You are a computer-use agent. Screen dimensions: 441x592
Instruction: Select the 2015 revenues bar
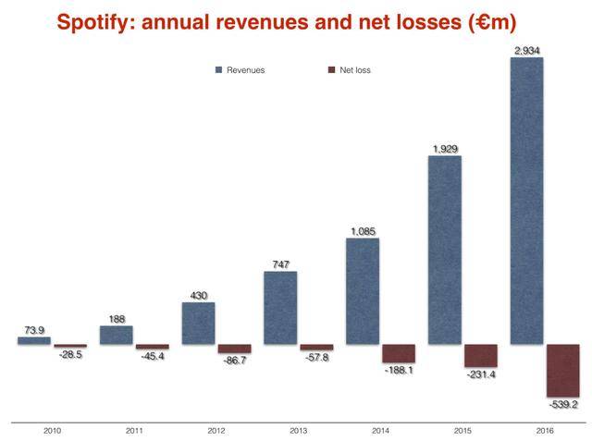[444, 251]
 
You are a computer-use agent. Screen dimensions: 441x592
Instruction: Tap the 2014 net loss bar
[399, 353]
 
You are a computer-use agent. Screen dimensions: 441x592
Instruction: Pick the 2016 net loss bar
[562, 371]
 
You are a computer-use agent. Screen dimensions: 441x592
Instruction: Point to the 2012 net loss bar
[234, 349]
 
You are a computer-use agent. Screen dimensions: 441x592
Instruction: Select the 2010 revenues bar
[34, 340]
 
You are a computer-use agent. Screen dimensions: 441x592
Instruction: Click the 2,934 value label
[527, 50]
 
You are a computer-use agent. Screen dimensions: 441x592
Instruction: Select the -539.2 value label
[564, 404]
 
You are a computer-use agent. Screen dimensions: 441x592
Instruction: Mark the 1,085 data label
[363, 231]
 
